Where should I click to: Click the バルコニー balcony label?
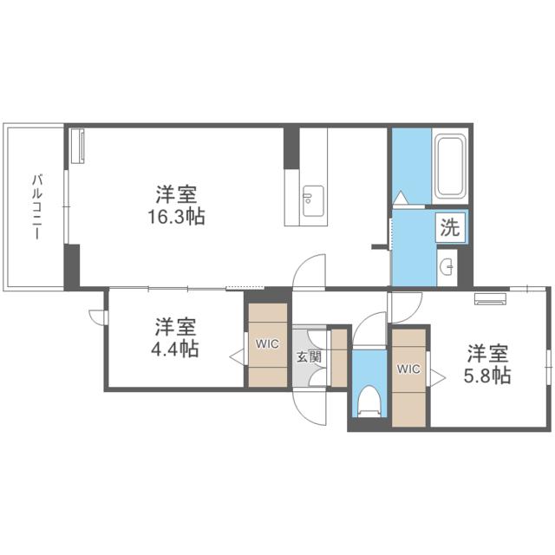tap(37, 206)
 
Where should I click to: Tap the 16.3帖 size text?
tap(176, 217)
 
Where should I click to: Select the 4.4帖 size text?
tap(175, 349)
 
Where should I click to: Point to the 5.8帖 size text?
tap(487, 375)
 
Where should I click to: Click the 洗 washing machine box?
tap(450, 227)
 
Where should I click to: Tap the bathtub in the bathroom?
tap(450, 166)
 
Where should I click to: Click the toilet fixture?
tap(370, 402)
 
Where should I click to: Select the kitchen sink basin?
tap(313, 200)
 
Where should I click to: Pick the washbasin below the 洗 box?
tap(447, 267)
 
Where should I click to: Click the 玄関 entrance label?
tap(309, 356)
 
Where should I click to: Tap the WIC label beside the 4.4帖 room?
tap(267, 343)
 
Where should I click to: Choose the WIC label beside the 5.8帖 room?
tap(408, 369)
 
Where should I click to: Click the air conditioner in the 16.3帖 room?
tap(78, 146)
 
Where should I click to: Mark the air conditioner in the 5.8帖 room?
tap(491, 298)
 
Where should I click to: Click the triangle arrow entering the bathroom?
tap(401, 198)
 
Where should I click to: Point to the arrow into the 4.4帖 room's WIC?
tap(236, 357)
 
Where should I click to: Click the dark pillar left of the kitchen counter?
tap(291, 148)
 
